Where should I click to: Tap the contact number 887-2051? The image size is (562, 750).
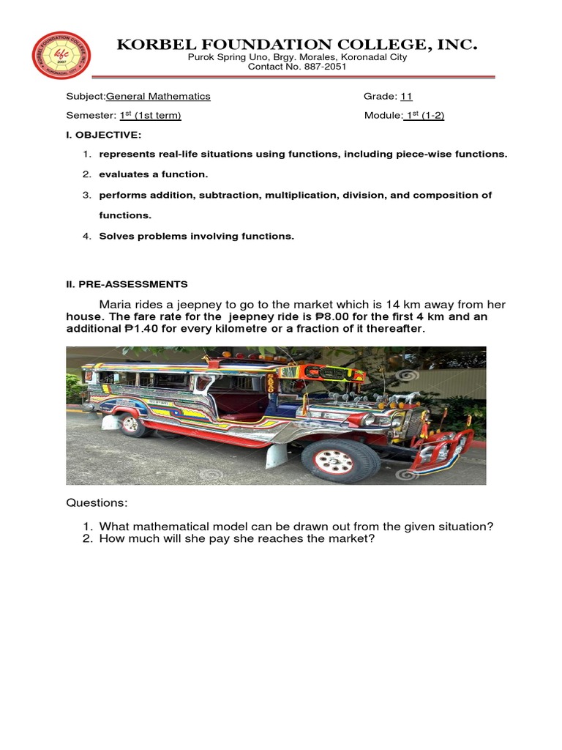[326, 67]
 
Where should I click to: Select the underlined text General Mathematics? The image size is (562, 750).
[159, 96]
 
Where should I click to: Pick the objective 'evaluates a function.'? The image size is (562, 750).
[154, 174]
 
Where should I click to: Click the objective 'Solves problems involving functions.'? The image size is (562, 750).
[196, 236]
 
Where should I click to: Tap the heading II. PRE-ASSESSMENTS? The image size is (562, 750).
[127, 283]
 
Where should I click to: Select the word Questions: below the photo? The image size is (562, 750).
[97, 503]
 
